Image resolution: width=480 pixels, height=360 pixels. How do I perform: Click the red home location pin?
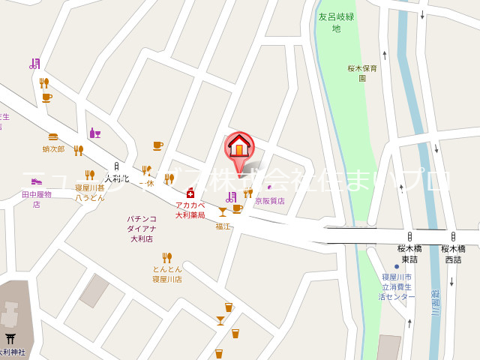coord(239,147)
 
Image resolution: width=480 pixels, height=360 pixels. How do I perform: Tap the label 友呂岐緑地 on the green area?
coord(336,22)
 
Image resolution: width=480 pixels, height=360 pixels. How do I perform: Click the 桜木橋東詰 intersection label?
coord(409,253)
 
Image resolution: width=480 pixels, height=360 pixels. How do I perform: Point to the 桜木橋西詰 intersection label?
coord(453,253)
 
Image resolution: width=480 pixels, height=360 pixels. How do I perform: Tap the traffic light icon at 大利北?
coord(116,166)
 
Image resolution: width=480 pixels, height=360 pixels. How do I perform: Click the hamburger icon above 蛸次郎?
coord(53,137)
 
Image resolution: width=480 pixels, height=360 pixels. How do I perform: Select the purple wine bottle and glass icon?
coord(95,133)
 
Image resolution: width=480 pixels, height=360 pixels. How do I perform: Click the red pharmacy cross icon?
coord(190,193)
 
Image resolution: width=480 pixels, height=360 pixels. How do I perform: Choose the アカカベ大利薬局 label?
coord(190,209)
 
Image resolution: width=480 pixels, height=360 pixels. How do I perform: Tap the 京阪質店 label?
coord(270,200)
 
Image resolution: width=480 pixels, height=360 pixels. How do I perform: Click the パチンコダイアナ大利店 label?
coord(142,229)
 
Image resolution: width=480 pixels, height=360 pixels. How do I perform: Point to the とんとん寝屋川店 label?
coord(167,274)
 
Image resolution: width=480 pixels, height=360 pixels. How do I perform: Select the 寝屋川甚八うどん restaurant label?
coord(90,192)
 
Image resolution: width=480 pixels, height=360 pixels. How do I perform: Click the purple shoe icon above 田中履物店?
coord(36,181)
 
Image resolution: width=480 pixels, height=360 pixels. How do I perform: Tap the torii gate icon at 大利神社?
coord(10,340)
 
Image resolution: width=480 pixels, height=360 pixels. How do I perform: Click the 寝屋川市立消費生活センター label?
coord(397,286)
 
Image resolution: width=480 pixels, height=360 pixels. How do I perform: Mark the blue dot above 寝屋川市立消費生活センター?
coord(397,266)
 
